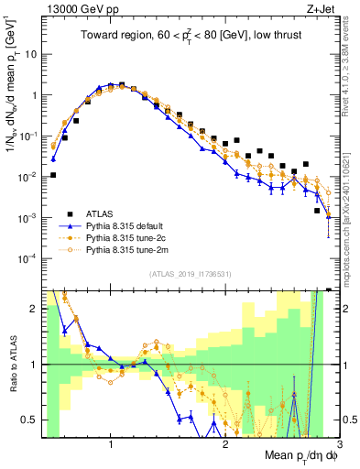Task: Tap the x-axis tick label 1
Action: pyautogui.click(x=110, y=445)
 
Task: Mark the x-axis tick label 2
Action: pyautogui.click(x=225, y=445)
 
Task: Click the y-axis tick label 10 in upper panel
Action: pyautogui.click(x=31, y=54)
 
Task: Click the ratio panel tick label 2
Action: pyautogui.click(x=34, y=309)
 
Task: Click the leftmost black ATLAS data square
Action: pyautogui.click(x=53, y=175)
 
